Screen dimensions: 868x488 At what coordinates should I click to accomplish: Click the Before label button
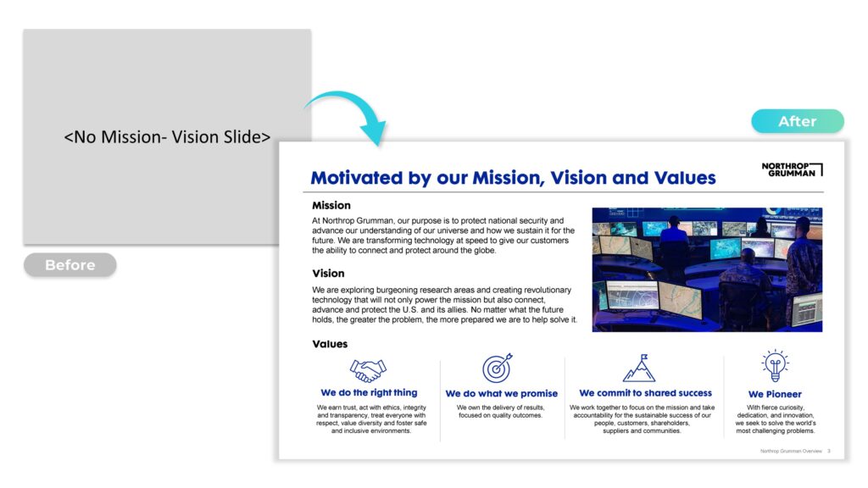(70, 265)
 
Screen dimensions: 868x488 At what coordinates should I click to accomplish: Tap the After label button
(797, 121)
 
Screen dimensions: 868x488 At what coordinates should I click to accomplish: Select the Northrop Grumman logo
(792, 169)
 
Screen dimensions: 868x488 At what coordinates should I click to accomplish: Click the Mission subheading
(331, 205)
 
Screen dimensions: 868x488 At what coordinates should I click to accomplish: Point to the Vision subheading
(328, 274)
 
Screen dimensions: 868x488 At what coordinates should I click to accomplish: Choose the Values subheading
(330, 344)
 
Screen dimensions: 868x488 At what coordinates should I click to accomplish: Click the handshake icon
(368, 370)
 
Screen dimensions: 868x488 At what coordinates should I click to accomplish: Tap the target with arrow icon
(497, 368)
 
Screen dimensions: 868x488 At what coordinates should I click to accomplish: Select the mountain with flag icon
(639, 369)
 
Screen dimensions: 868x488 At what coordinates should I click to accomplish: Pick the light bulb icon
(775, 365)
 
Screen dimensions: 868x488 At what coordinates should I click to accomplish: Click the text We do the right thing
(370, 392)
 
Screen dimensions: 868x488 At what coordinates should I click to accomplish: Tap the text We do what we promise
(502, 393)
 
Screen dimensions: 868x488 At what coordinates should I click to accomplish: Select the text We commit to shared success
(645, 393)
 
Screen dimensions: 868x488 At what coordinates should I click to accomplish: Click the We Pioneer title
(775, 394)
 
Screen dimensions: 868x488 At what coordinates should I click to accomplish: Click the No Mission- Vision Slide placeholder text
(167, 136)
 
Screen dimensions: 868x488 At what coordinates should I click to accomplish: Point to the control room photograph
(707, 269)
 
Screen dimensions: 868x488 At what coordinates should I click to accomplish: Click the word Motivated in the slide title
(357, 178)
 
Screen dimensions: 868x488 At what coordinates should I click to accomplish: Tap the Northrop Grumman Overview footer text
(791, 451)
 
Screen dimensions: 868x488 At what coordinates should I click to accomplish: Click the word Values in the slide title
(685, 178)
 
